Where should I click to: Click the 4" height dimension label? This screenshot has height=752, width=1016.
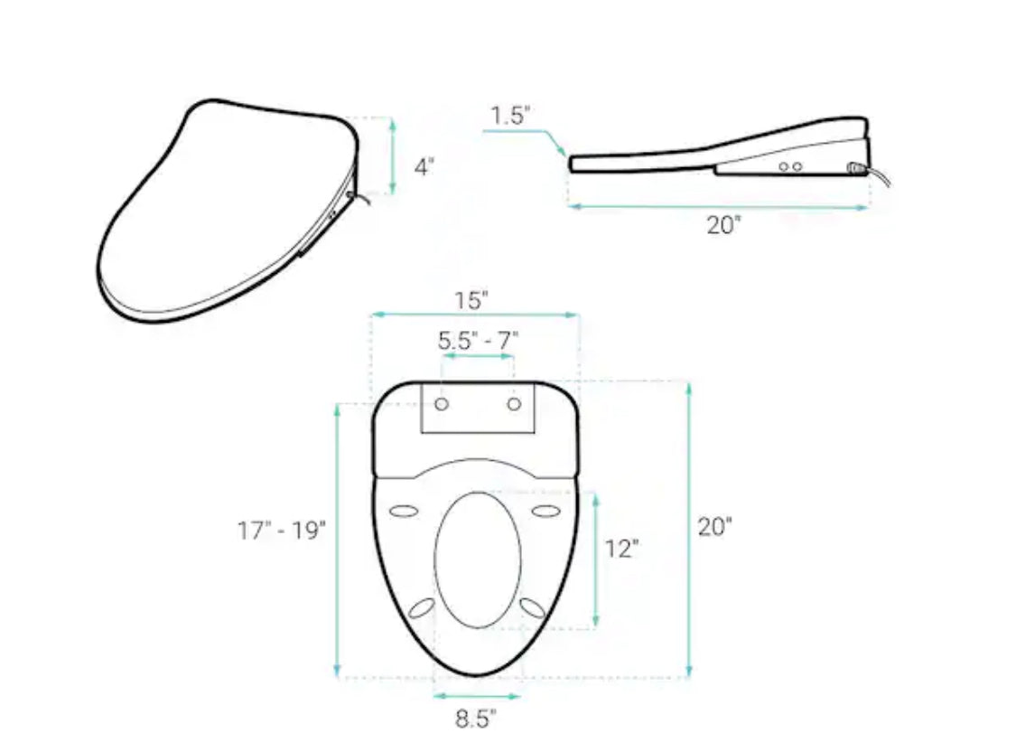tap(424, 167)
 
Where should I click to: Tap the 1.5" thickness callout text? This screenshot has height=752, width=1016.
tap(510, 116)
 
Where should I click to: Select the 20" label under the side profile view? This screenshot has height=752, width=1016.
tap(723, 226)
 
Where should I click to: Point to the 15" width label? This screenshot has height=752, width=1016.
tap(472, 297)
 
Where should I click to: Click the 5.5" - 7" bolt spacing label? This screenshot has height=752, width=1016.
tap(478, 341)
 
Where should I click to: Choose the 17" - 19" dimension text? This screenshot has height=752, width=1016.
tap(281, 531)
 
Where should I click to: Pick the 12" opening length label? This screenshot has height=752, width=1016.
tap(622, 549)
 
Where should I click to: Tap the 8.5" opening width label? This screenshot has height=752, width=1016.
tap(475, 719)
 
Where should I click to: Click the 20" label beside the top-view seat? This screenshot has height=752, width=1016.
tap(714, 527)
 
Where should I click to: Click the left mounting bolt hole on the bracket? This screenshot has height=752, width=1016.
tap(442, 404)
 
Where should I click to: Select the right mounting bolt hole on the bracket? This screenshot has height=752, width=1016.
tap(514, 404)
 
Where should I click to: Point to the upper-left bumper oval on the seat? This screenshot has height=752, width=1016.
tap(405, 512)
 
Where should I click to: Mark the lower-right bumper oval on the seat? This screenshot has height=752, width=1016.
tap(533, 607)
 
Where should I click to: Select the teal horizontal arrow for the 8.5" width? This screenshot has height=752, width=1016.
tap(477, 696)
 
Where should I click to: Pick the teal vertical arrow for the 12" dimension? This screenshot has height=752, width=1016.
tap(595, 559)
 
